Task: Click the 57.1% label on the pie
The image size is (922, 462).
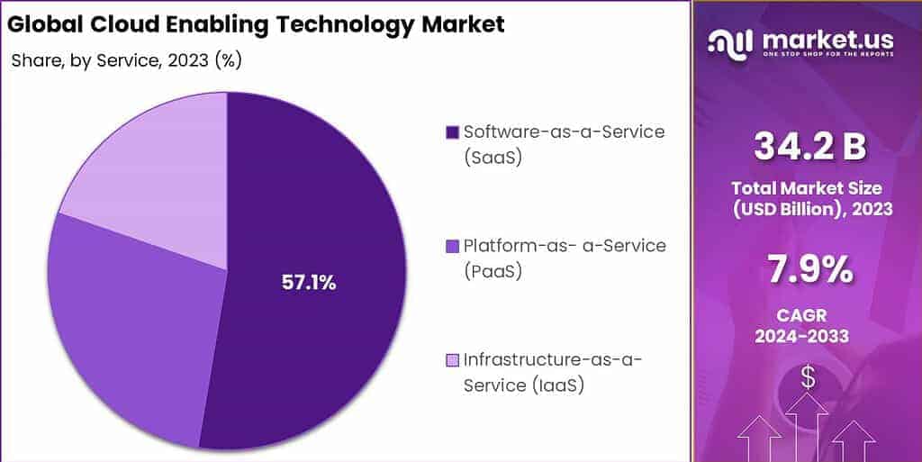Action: tap(309, 283)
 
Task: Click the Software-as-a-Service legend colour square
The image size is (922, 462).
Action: tap(452, 133)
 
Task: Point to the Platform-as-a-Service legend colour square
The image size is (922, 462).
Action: tap(452, 246)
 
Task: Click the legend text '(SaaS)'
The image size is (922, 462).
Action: tap(493, 158)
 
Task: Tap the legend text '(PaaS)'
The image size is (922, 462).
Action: tap(493, 270)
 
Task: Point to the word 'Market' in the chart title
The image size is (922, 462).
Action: tap(463, 24)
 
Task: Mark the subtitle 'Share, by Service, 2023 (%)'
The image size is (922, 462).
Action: tap(126, 60)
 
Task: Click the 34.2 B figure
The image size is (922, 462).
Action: tap(809, 147)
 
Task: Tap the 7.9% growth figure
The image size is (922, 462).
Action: tap(809, 268)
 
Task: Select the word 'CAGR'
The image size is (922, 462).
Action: tap(809, 314)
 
